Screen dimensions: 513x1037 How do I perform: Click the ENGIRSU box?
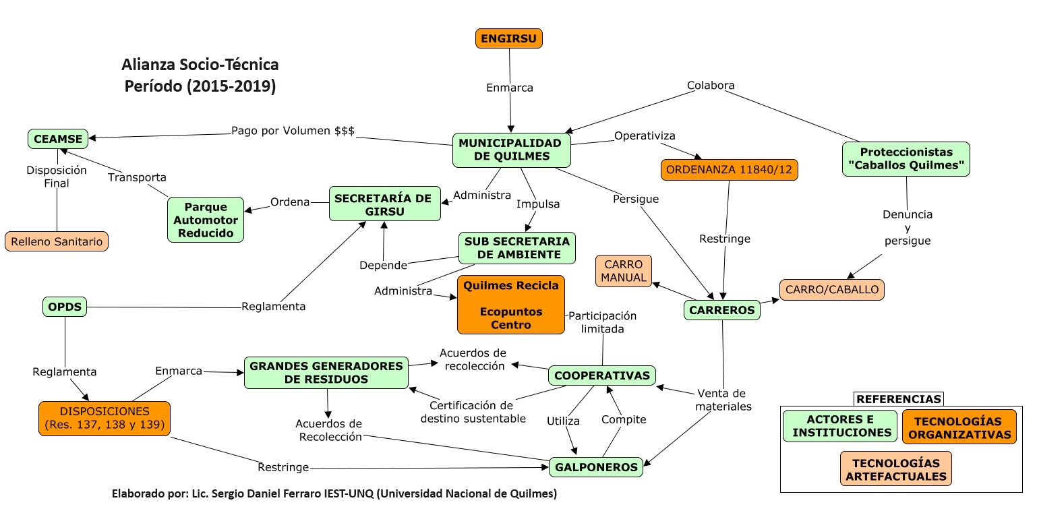(x=508, y=38)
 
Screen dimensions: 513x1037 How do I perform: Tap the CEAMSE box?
(x=57, y=140)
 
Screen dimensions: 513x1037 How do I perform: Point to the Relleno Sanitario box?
(x=57, y=241)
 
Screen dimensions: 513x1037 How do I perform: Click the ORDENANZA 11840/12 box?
(x=729, y=170)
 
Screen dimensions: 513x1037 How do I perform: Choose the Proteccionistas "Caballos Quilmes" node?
(x=906, y=159)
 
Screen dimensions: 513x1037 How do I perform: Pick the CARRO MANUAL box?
(x=624, y=271)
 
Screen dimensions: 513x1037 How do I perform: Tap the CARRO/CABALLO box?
(x=832, y=290)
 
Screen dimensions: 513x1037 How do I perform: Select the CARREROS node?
(x=722, y=310)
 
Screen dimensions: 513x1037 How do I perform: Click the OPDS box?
(x=65, y=307)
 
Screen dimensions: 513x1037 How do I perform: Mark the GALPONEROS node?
(x=596, y=467)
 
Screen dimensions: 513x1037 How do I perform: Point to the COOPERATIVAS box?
(x=602, y=375)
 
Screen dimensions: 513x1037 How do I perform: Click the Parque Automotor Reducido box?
(x=206, y=220)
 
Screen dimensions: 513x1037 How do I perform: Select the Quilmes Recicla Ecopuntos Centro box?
(x=510, y=305)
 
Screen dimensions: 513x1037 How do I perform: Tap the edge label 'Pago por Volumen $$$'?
(x=293, y=131)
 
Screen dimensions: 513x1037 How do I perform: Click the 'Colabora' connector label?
(x=711, y=86)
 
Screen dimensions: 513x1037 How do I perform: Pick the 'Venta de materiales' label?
(x=723, y=400)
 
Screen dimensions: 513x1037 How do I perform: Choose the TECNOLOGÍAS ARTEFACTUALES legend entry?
(x=895, y=470)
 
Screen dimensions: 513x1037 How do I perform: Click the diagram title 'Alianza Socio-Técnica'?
(x=200, y=65)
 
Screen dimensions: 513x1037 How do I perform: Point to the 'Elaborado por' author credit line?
(x=334, y=494)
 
